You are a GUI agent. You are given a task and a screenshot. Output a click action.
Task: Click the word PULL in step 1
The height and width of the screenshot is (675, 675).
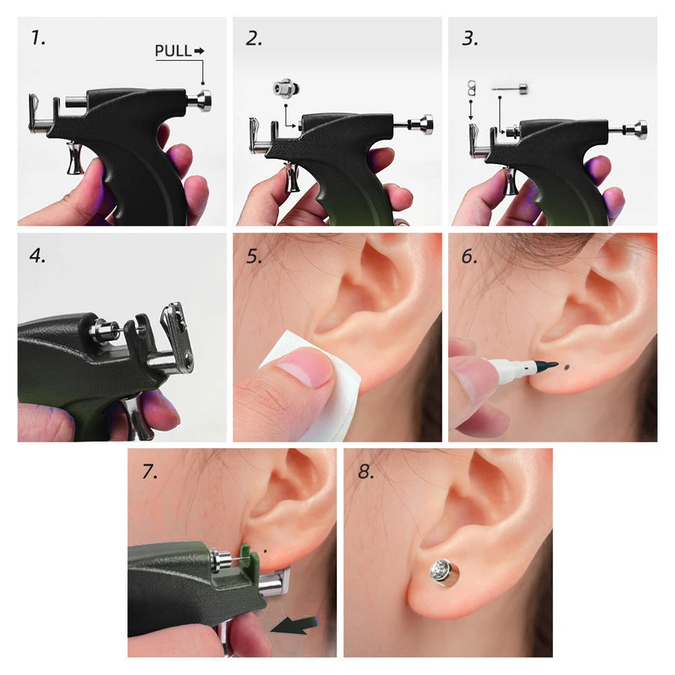(x=173, y=51)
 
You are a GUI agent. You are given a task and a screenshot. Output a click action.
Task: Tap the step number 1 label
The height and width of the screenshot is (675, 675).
(x=38, y=38)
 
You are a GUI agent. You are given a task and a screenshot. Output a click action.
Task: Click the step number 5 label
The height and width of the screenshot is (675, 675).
(x=254, y=256)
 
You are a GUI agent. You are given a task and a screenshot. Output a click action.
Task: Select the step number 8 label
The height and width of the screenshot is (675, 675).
(x=365, y=471)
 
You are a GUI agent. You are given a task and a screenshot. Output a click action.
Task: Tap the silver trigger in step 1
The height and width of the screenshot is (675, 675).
(x=75, y=158)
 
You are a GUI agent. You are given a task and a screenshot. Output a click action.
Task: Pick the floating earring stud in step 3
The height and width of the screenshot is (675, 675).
(x=510, y=89)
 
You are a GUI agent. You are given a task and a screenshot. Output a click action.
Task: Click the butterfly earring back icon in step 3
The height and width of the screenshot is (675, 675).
(x=472, y=88)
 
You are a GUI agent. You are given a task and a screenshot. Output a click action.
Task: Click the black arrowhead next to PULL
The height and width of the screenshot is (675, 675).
(x=200, y=51)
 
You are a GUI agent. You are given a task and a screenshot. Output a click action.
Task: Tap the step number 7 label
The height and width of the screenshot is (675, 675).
(x=150, y=471)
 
